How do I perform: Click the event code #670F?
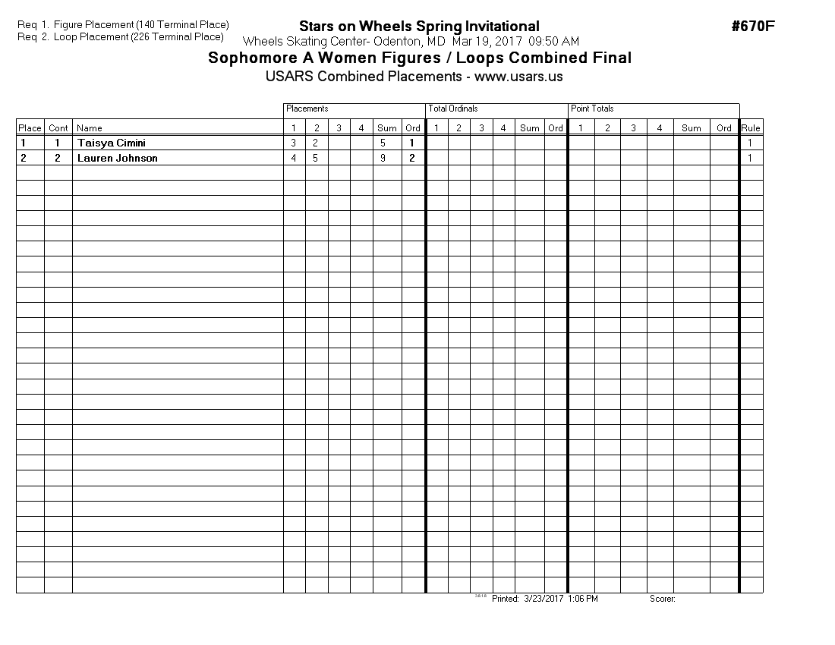pyautogui.click(x=753, y=27)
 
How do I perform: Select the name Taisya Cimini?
pyautogui.click(x=111, y=143)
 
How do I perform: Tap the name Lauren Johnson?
pyautogui.click(x=117, y=158)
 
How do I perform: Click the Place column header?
pyautogui.click(x=30, y=127)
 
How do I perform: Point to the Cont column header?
pyautogui.click(x=58, y=127)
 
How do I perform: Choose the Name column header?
pyautogui.click(x=90, y=127)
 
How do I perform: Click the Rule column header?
pyautogui.click(x=751, y=127)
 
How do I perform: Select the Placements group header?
pyautogui.click(x=307, y=109)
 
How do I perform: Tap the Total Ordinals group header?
pyautogui.click(x=453, y=109)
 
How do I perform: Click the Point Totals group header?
pyautogui.click(x=592, y=109)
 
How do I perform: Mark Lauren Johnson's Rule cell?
pyautogui.click(x=751, y=158)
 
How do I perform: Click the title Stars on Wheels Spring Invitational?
pyautogui.click(x=419, y=27)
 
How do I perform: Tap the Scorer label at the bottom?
pyautogui.click(x=662, y=599)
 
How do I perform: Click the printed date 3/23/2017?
pyautogui.click(x=543, y=599)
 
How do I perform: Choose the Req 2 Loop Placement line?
pyautogui.click(x=121, y=36)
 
